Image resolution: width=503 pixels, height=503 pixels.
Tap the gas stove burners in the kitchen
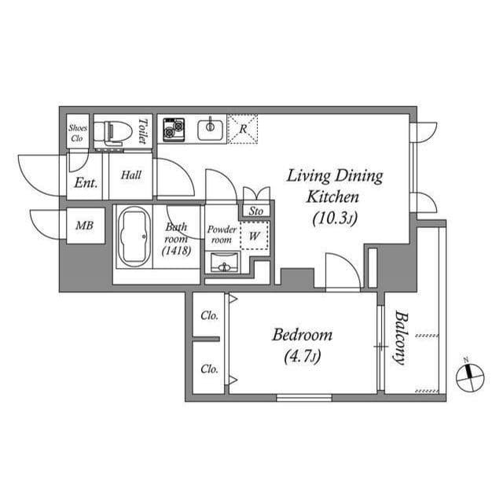coord(174,130)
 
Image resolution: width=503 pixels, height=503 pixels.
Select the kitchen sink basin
coord(210,129)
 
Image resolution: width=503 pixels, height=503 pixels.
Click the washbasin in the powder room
coord(225,263)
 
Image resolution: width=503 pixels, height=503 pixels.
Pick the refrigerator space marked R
coord(242,129)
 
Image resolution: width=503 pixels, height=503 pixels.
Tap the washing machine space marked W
coord(254,236)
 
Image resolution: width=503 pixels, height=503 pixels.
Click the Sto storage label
coord(256,211)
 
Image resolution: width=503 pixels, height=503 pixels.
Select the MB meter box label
coord(84,226)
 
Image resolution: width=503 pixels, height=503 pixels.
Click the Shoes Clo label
coord(77,133)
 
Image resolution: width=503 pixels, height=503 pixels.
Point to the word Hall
coord(131,174)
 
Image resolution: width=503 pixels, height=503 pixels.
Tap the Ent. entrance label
coord(86,183)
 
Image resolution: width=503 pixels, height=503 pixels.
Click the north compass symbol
coord(470,377)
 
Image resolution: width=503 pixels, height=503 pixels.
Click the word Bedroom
coord(302,335)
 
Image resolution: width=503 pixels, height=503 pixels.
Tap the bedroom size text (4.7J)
coord(302,357)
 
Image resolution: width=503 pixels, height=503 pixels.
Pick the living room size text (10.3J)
coord(335,218)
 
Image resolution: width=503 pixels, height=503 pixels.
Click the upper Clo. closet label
coord(210,316)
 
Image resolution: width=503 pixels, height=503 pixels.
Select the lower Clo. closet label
coord(210,369)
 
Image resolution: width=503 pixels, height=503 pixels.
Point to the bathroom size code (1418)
coord(176,250)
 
